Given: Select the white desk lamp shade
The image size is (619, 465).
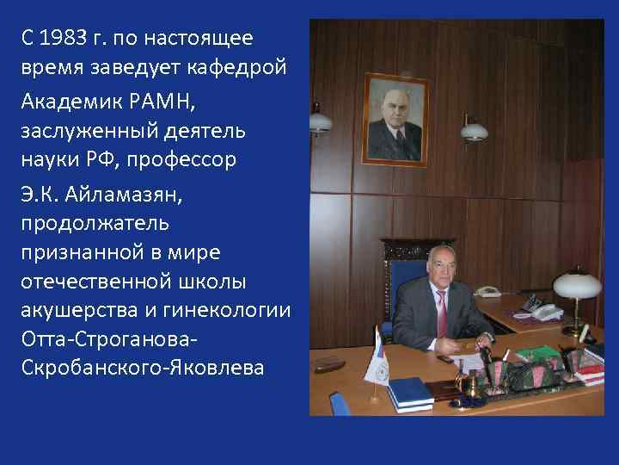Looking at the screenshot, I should pyautogui.click(x=576, y=283).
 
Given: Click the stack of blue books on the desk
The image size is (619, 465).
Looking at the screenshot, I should pyautogui.click(x=409, y=394).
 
